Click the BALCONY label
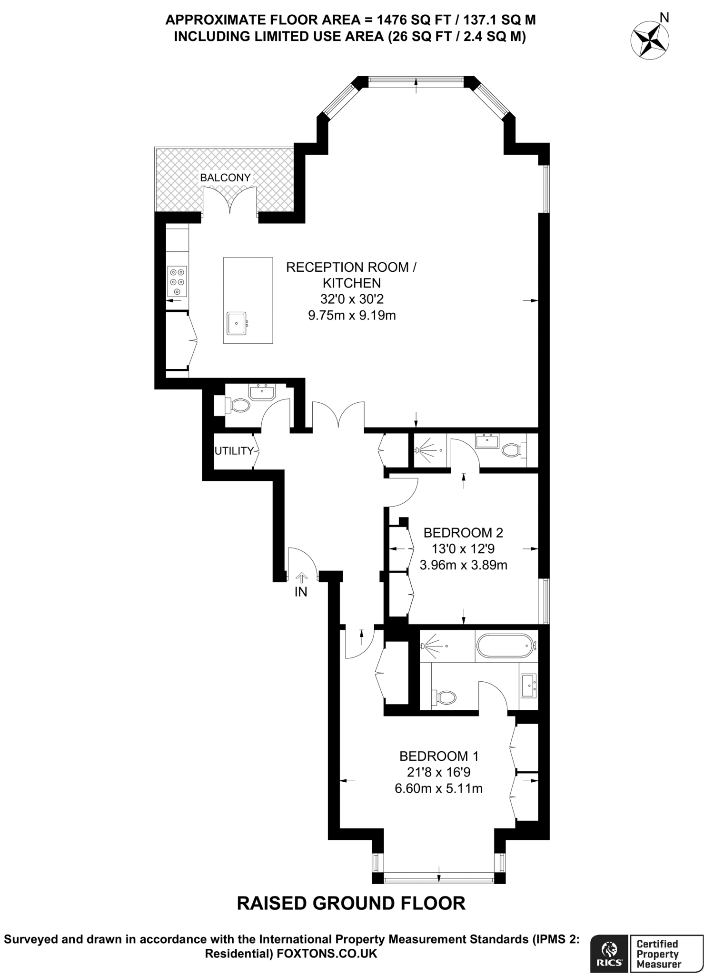[x=225, y=178]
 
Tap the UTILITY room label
[x=233, y=451]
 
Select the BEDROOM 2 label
[x=463, y=532]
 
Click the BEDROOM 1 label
[x=439, y=756]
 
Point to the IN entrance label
[x=301, y=592]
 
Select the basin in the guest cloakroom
[x=261, y=392]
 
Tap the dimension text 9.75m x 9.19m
[x=352, y=315]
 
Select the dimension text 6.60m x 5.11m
[x=438, y=788]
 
